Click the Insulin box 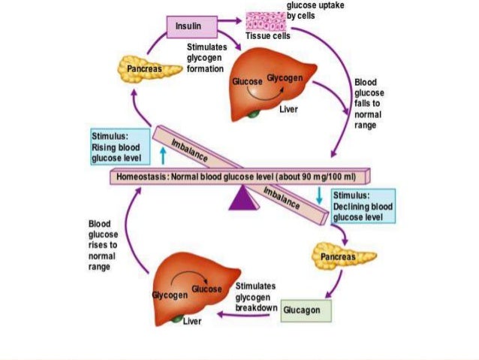point(188,28)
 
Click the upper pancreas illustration point(142,69)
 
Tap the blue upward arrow point(162,156)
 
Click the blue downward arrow point(320,195)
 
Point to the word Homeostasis point(142,177)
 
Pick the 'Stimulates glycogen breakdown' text point(255,298)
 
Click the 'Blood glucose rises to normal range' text point(103,245)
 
